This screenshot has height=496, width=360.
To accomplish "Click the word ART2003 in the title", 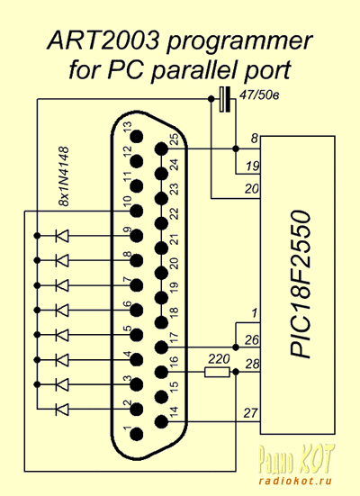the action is (x=103, y=41).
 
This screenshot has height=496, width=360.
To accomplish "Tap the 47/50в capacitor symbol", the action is (x=225, y=99).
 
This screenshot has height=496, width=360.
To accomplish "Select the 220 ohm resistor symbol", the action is (x=217, y=373).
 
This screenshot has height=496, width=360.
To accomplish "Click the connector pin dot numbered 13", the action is (x=137, y=137).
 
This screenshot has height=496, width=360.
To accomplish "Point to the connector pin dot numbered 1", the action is (x=137, y=434).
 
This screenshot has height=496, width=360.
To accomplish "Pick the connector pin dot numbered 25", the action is (x=161, y=149).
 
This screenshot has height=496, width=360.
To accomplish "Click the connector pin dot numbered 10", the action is (x=137, y=211).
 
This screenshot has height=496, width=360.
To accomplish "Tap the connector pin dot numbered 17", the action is (x=161, y=347).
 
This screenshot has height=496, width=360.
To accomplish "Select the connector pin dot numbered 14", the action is (x=161, y=421).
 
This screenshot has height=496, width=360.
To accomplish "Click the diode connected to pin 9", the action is (x=62, y=236).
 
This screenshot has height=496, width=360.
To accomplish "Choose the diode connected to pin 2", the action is (x=62, y=410).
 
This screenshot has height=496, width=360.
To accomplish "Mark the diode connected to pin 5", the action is (x=62, y=335).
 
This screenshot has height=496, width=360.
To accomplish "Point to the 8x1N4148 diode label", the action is (x=64, y=176).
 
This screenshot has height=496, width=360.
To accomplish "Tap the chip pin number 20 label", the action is (x=252, y=189).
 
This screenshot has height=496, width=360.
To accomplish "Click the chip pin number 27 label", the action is (x=251, y=413).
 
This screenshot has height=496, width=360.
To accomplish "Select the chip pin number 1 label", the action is (x=255, y=313).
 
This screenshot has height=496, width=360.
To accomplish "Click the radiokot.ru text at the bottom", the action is (x=295, y=481).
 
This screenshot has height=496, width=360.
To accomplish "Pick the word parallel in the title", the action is (x=193, y=71).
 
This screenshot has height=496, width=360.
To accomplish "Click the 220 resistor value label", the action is (x=219, y=359).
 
